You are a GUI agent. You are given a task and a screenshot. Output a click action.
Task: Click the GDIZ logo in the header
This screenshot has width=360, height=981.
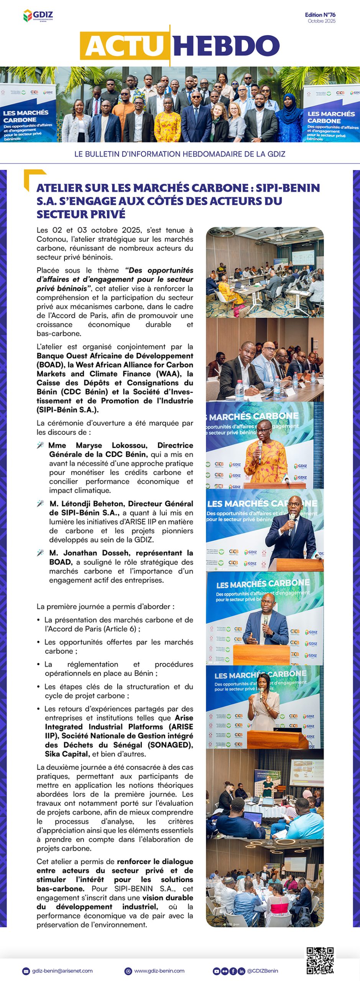click(38, 16)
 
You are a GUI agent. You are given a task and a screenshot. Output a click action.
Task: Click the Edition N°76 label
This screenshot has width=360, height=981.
click(320, 15)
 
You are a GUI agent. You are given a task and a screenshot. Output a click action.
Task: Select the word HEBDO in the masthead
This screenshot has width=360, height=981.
click(226, 46)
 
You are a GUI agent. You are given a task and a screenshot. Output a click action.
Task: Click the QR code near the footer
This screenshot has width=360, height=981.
click(320, 960)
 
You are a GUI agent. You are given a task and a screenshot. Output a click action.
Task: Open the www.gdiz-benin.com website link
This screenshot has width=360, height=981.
click(159, 971)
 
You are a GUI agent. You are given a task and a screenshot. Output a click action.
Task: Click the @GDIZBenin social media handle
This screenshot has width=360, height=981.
click(263, 971)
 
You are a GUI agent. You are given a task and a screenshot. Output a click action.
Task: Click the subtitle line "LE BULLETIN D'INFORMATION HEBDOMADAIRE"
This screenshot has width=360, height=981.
click(180, 154)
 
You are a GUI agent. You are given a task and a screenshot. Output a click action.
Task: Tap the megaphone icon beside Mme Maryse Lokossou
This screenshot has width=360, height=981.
click(40, 445)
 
